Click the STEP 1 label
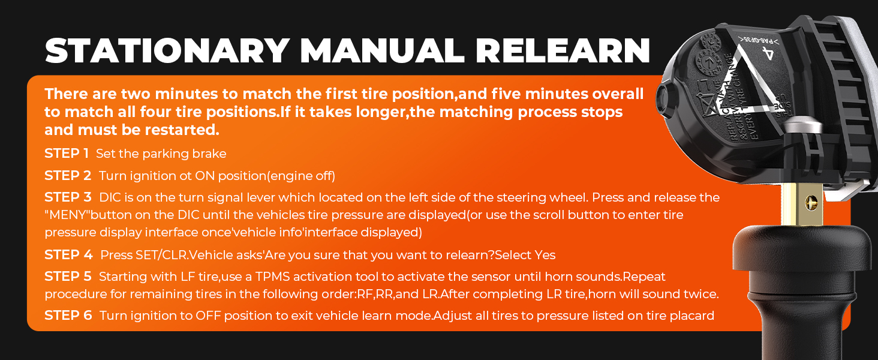pyautogui.click(x=66, y=154)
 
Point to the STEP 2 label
pyautogui.click(x=67, y=176)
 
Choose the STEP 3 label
pyautogui.click(x=68, y=197)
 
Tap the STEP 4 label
pyautogui.click(x=68, y=255)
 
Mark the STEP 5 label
pyautogui.click(x=67, y=277)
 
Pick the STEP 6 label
pyautogui.click(x=68, y=316)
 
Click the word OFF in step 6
pyautogui.click(x=209, y=316)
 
